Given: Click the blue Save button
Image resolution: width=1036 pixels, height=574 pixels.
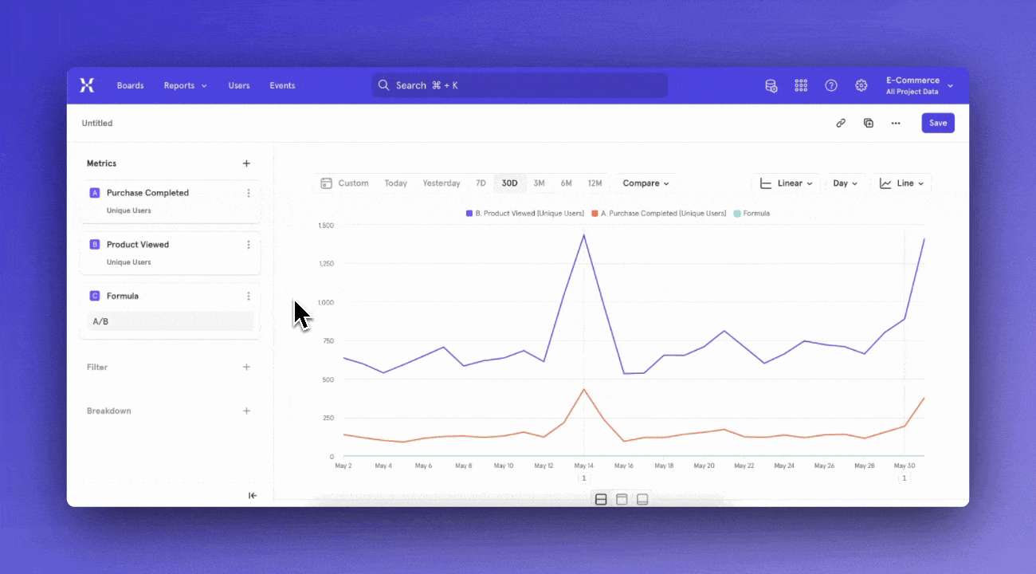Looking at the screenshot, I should pos(938,123).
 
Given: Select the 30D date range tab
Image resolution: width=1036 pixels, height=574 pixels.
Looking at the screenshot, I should pos(509,183).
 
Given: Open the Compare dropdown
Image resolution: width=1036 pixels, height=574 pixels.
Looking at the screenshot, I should pos(646,183).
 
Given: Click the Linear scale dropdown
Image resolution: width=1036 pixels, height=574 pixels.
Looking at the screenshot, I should pos(786,183).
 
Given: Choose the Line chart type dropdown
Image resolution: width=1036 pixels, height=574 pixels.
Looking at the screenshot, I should pos(901,183).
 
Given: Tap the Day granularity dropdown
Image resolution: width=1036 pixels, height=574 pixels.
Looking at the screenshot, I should pos(845,183).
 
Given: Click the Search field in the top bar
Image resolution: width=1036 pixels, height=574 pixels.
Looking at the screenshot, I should pos(519,85).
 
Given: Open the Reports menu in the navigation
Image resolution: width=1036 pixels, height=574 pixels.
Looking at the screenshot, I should pos(185,85).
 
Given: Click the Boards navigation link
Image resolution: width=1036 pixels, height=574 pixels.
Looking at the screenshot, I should pos(130,85).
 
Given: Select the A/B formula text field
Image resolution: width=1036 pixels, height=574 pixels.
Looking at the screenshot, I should pos(169,321).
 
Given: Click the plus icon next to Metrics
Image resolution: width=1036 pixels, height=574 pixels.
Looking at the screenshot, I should pos(246,163).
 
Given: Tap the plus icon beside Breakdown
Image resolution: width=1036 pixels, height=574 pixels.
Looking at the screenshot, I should pos(246,411).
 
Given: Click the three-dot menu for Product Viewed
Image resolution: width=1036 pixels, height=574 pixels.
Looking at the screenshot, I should pos(249,245).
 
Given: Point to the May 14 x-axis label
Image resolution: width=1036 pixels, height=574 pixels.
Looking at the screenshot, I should pos(583,466).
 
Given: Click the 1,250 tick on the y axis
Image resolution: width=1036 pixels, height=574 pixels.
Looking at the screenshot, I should pos(325,263).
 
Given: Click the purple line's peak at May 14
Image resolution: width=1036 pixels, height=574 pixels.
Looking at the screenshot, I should pos(584,234).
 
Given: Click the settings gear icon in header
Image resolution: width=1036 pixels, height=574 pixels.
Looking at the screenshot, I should pos(861,85).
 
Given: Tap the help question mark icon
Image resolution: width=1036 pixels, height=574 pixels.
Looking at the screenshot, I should pos(831,85).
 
